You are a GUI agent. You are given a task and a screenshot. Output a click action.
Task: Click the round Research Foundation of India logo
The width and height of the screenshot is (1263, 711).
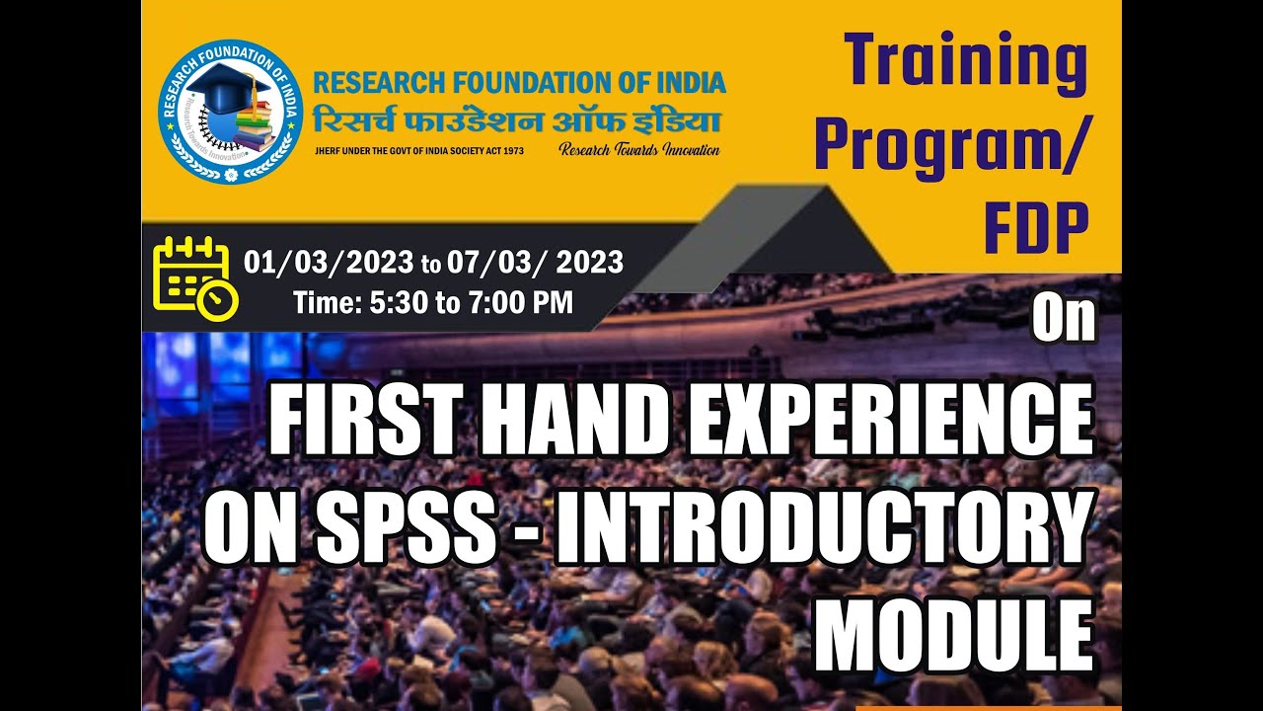click(229, 111)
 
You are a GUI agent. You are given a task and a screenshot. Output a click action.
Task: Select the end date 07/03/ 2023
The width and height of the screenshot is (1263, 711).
click(535, 262)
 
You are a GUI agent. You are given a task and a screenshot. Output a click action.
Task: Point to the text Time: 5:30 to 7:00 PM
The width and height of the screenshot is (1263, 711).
click(433, 302)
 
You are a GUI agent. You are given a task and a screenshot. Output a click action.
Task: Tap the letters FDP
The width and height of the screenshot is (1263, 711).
click(1035, 229)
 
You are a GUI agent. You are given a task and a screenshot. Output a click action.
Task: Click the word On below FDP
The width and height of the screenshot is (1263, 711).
click(1065, 319)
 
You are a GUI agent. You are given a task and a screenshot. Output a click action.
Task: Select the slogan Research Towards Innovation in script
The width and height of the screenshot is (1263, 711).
click(639, 150)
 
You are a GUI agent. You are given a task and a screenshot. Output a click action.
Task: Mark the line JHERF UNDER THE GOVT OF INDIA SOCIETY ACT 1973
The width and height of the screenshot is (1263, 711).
click(418, 151)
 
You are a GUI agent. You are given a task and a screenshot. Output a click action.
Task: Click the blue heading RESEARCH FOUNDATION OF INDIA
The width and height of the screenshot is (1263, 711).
click(519, 82)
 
